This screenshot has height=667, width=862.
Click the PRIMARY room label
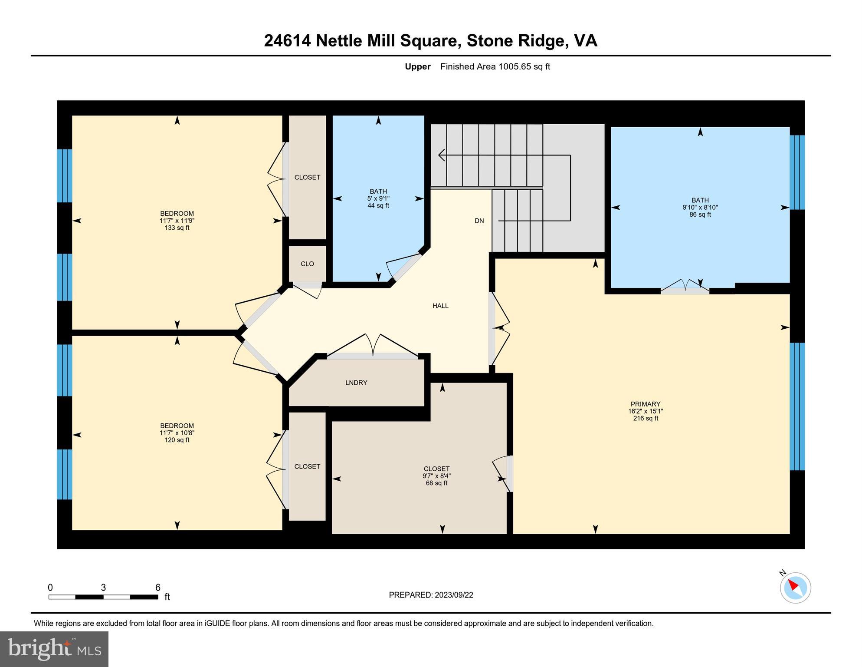click(645, 404)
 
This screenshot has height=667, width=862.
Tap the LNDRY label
click(356, 383)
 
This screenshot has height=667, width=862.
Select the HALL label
click(440, 306)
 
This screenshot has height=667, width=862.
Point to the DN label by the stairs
click(479, 221)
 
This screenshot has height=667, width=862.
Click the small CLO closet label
click(307, 264)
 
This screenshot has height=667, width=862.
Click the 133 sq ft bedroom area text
click(177, 228)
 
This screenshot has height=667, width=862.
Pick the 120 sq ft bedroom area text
click(177, 440)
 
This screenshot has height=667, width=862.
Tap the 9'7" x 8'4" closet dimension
click(436, 476)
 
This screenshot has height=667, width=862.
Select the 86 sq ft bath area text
click(700, 215)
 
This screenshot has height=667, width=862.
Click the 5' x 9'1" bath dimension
click(378, 198)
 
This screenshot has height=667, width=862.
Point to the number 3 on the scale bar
click(103, 588)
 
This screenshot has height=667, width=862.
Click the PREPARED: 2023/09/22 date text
click(431, 595)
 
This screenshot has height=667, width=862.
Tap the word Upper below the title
click(417, 66)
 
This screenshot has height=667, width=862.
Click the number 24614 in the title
click(287, 41)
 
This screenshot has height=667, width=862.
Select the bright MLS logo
click(54, 649)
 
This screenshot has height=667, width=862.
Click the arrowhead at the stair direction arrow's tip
click(442, 155)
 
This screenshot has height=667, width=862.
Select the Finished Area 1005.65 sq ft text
click(495, 66)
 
